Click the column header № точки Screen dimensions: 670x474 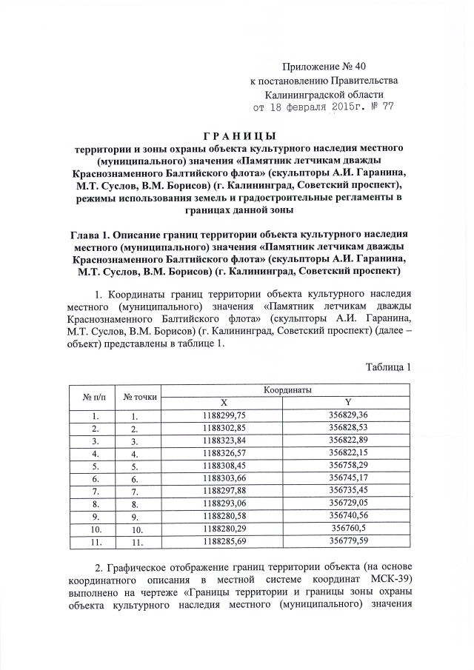click(x=139, y=396)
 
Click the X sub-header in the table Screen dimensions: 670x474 click(x=224, y=402)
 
